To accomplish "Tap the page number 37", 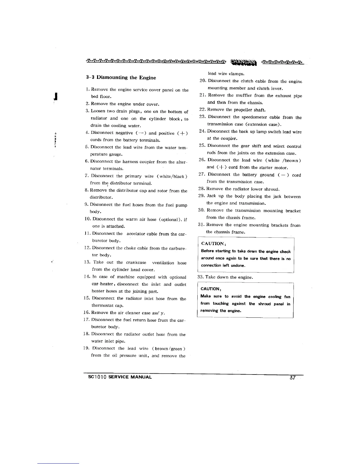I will point(292,378).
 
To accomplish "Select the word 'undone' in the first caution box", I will point(238,265).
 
